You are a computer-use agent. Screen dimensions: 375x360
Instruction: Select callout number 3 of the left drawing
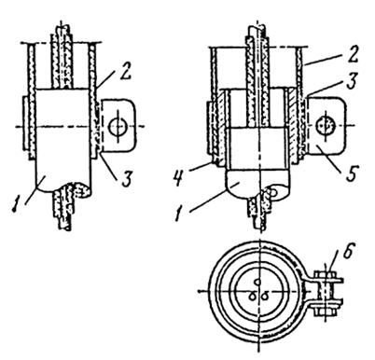coord(126,180)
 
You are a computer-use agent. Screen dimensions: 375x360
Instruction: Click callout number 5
coord(353,173)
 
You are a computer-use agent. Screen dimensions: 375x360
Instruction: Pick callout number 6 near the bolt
coord(348,252)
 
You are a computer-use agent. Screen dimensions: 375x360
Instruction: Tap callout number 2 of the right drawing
coord(352,56)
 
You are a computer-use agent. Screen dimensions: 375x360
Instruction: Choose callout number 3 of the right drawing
coord(352,81)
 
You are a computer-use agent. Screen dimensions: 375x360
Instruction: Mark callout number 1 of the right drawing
coord(178,215)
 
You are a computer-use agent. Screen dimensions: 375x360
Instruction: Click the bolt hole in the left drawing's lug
coord(118,126)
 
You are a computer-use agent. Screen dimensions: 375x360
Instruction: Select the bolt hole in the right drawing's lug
coord(325,125)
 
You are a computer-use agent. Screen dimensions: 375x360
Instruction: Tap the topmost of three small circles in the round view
coord(257,283)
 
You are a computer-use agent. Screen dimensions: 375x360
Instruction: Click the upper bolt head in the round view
coord(325,274)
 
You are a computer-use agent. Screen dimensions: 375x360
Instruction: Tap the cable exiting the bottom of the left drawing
coord(63,207)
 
